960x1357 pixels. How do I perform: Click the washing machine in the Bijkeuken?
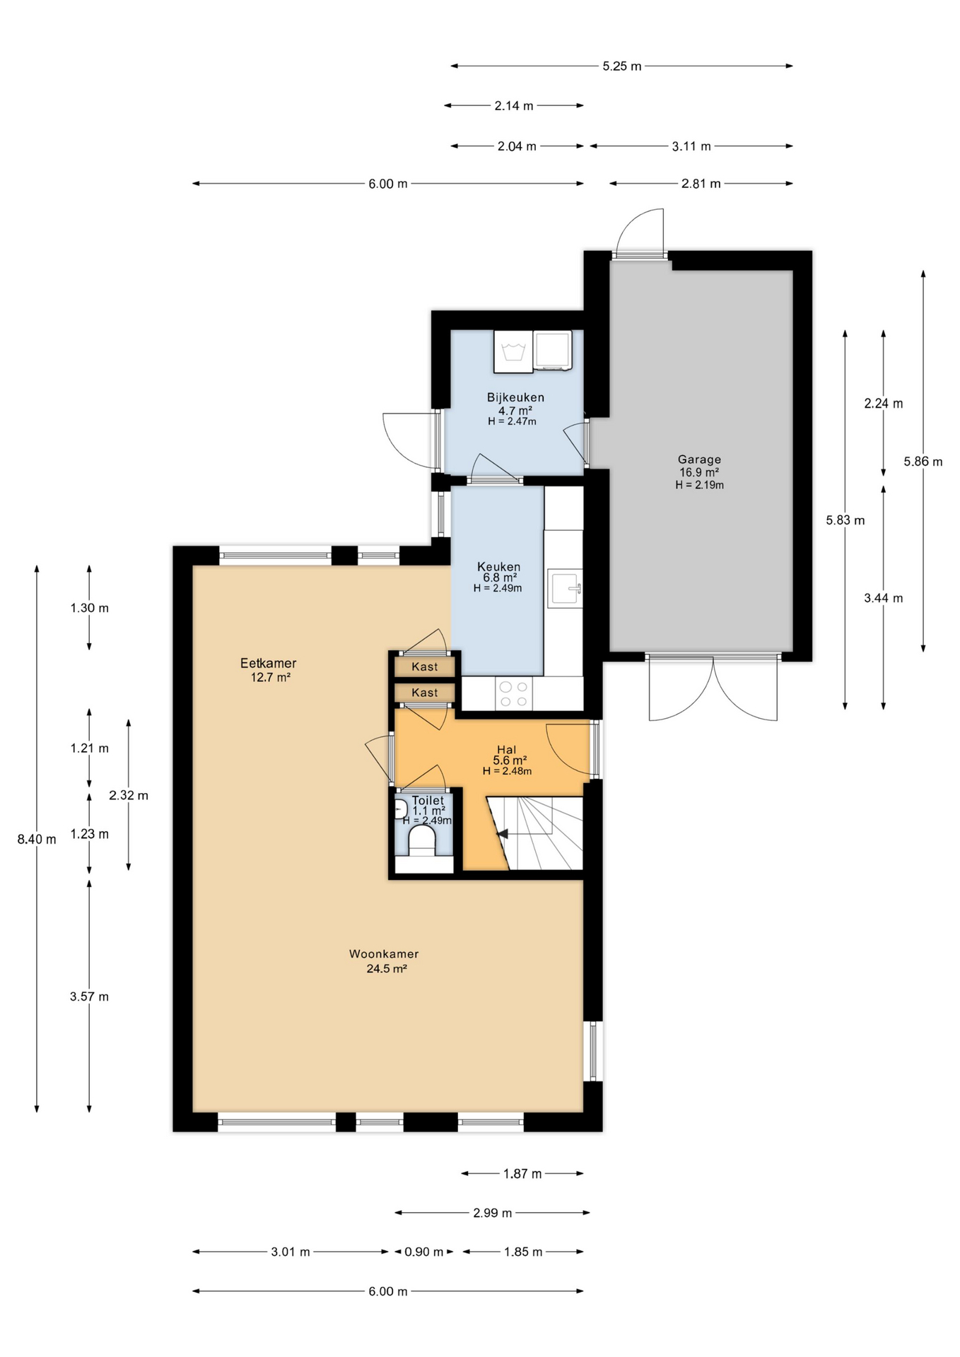click(513, 351)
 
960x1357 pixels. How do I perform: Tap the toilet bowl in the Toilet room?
click(422, 841)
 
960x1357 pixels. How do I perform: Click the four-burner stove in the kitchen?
click(513, 693)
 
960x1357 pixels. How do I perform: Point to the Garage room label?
click(699, 459)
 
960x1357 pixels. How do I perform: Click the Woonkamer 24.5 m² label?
click(384, 961)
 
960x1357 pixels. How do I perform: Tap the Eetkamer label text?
click(268, 664)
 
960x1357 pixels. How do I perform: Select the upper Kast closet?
click(425, 666)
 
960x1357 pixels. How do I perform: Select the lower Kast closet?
click(425, 693)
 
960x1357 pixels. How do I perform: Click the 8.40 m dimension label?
click(37, 840)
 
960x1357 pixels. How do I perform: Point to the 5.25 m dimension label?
click(622, 66)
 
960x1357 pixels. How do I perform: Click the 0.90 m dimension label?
click(424, 1252)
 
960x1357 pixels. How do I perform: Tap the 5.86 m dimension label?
click(923, 462)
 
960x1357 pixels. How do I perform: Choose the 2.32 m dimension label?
click(129, 796)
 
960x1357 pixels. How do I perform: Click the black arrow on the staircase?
click(503, 835)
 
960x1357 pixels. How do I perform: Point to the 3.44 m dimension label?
click(883, 599)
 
